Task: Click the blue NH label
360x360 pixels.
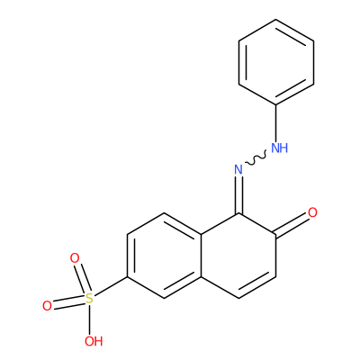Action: click(x=279, y=148)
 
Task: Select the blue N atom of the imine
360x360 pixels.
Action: click(x=238, y=170)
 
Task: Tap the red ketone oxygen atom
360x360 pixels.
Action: click(x=312, y=212)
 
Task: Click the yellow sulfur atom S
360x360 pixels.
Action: click(x=89, y=299)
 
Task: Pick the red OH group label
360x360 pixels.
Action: click(x=94, y=341)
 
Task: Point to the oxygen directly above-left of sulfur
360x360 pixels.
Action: click(x=75, y=258)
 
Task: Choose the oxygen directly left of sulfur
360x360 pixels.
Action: click(x=47, y=306)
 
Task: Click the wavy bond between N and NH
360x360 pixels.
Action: click(x=256, y=159)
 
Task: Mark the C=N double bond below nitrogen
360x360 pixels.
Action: click(x=238, y=195)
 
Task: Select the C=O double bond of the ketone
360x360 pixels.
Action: click(x=292, y=224)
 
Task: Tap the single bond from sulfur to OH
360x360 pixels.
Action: click(x=89, y=319)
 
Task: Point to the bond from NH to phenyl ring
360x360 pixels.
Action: click(x=276, y=123)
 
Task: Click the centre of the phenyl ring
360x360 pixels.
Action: click(x=276, y=62)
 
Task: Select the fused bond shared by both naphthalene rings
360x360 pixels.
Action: click(x=202, y=256)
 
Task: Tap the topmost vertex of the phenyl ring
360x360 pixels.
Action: click(x=276, y=20)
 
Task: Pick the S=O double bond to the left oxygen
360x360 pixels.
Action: click(x=68, y=302)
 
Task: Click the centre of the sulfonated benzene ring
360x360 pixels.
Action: click(x=165, y=256)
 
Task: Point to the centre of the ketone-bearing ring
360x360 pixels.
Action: click(x=238, y=256)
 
